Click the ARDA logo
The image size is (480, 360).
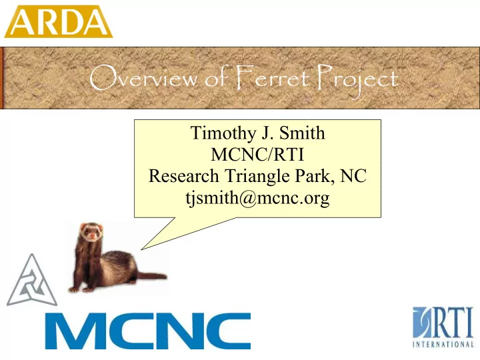[x=58, y=21]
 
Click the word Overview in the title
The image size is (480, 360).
[x=143, y=77]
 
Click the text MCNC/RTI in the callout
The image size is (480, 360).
[x=257, y=154]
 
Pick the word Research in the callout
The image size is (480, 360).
[x=184, y=176]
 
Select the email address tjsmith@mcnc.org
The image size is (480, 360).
[x=257, y=199]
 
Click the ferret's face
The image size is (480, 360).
[x=91, y=232]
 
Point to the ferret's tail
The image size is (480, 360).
[x=151, y=276]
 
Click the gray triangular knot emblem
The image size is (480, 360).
[x=32, y=280]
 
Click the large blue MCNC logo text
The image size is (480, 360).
[x=148, y=331]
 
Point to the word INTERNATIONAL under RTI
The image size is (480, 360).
[x=443, y=344]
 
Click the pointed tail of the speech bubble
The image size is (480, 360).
[x=141, y=249]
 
